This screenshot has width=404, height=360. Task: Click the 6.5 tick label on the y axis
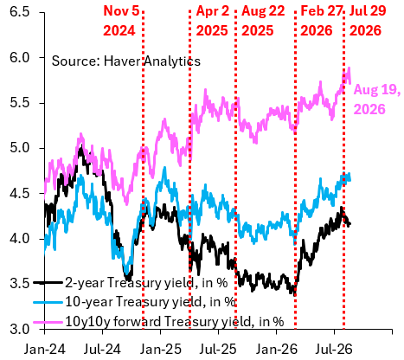coord(20,12)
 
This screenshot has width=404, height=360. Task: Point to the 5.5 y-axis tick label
coord(20,103)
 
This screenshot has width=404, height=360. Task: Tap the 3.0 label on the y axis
coord(20,329)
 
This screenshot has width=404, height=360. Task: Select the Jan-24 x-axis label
coord(44,350)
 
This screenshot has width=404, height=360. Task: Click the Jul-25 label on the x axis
coord(218,350)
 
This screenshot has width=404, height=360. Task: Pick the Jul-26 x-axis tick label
coord(334,350)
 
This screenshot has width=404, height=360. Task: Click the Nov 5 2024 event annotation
coord(121,21)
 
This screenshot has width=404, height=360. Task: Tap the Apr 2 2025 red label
coord(213,21)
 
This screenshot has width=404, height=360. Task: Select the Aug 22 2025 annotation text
coord(263,21)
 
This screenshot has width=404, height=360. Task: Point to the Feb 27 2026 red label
coord(322,21)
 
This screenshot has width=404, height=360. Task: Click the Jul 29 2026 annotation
coord(368,21)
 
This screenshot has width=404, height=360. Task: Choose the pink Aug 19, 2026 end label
coord(377,100)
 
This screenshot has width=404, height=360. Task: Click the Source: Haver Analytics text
coord(126,61)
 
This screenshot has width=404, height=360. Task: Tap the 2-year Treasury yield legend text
coord(146,283)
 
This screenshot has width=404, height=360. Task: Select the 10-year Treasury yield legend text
coord(151,302)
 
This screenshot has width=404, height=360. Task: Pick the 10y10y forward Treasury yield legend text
coord(175,321)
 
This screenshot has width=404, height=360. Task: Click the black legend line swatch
coord(48,283)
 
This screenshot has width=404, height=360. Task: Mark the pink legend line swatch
coord(48,321)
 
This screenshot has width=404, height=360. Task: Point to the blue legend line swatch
coord(48,302)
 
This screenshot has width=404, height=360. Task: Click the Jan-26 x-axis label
coord(276,350)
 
